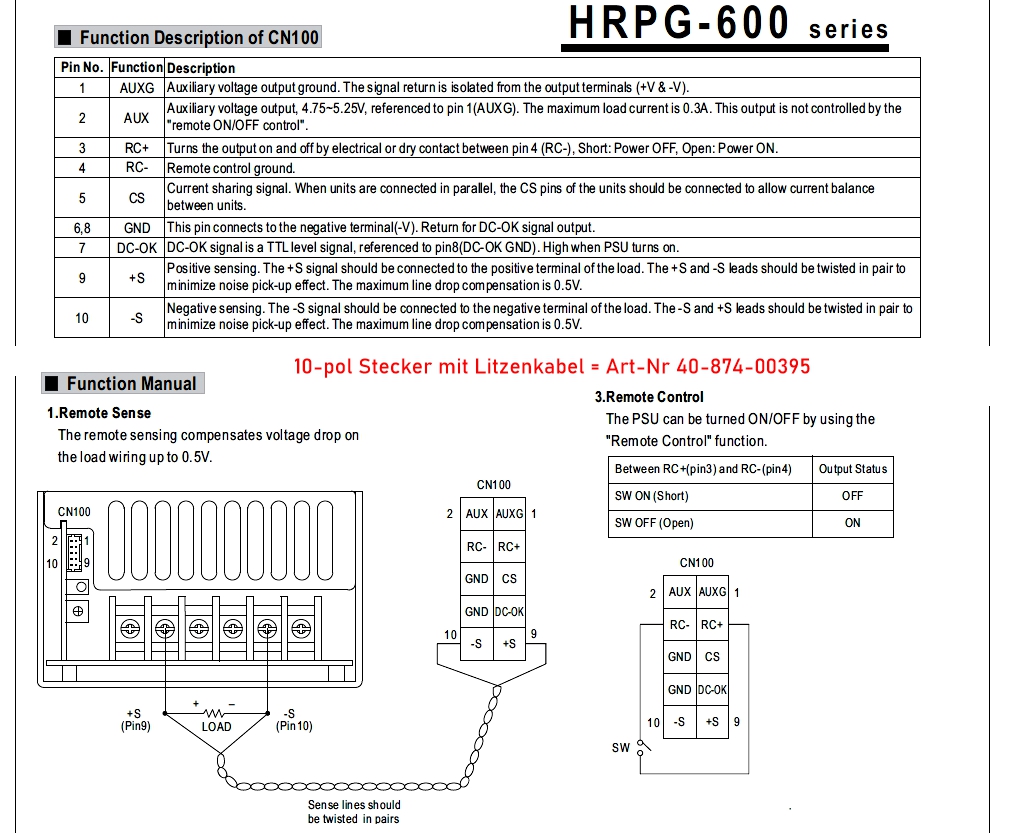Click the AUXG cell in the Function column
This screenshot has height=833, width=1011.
(137, 88)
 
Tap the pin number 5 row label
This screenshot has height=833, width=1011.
(82, 197)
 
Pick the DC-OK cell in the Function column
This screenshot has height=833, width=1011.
(137, 247)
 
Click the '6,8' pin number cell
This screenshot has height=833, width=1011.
(82, 228)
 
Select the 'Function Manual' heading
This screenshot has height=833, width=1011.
(130, 384)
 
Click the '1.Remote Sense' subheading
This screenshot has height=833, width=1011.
(99, 413)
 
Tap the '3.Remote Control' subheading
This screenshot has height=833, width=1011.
(654, 397)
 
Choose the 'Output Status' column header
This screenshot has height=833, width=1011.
(852, 469)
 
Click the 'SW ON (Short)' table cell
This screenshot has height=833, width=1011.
(651, 496)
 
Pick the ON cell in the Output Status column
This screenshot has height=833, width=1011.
(852, 523)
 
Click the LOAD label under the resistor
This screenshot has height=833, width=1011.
(216, 727)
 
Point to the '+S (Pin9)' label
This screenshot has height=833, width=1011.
(135, 720)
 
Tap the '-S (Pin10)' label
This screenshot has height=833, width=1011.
(293, 720)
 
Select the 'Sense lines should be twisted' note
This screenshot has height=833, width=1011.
(353, 811)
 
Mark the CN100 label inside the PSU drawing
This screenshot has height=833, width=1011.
(74, 512)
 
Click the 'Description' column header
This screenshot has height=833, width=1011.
(201, 68)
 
